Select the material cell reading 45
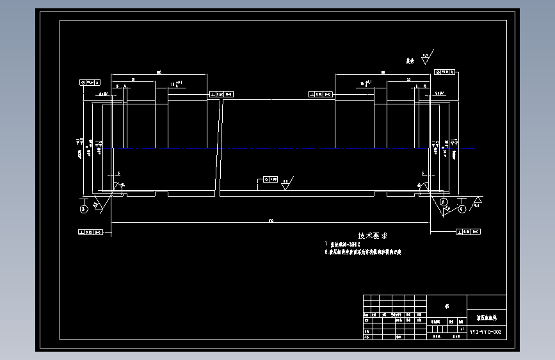tap(447, 306)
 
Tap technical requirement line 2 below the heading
tap(365, 252)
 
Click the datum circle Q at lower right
tap(462, 208)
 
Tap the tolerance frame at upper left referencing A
tap(91, 82)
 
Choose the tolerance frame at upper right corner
tap(446, 72)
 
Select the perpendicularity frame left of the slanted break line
tap(221, 94)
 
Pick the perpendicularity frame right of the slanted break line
tap(321, 94)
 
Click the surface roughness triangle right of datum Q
tap(478, 201)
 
